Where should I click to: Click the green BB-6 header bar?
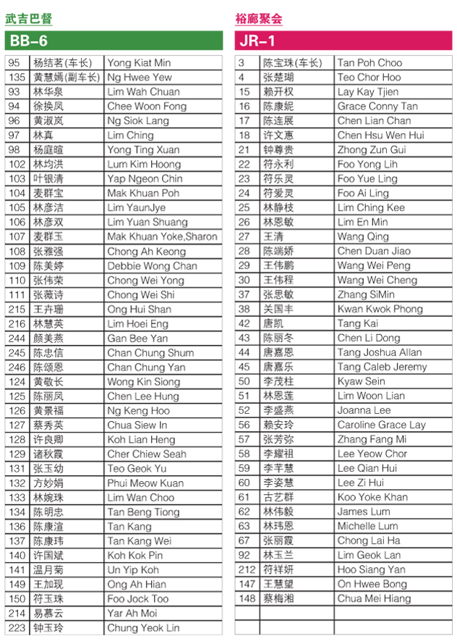(114, 41)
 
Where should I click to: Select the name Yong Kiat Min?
(139, 63)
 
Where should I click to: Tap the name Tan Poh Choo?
(370, 63)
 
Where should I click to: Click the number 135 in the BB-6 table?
(17, 77)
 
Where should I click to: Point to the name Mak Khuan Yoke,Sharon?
(162, 237)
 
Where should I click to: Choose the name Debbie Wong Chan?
(152, 266)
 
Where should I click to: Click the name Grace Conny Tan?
(377, 106)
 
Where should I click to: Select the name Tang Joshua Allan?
(379, 352)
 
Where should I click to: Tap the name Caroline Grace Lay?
(381, 425)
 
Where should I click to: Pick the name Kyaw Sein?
(361, 381)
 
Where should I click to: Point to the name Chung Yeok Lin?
(143, 627)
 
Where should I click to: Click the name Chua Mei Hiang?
(373, 598)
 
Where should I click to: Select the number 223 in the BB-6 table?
(17, 627)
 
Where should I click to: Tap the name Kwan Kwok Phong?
(380, 309)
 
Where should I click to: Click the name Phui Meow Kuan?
(145, 483)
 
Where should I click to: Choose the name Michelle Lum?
(367, 526)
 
